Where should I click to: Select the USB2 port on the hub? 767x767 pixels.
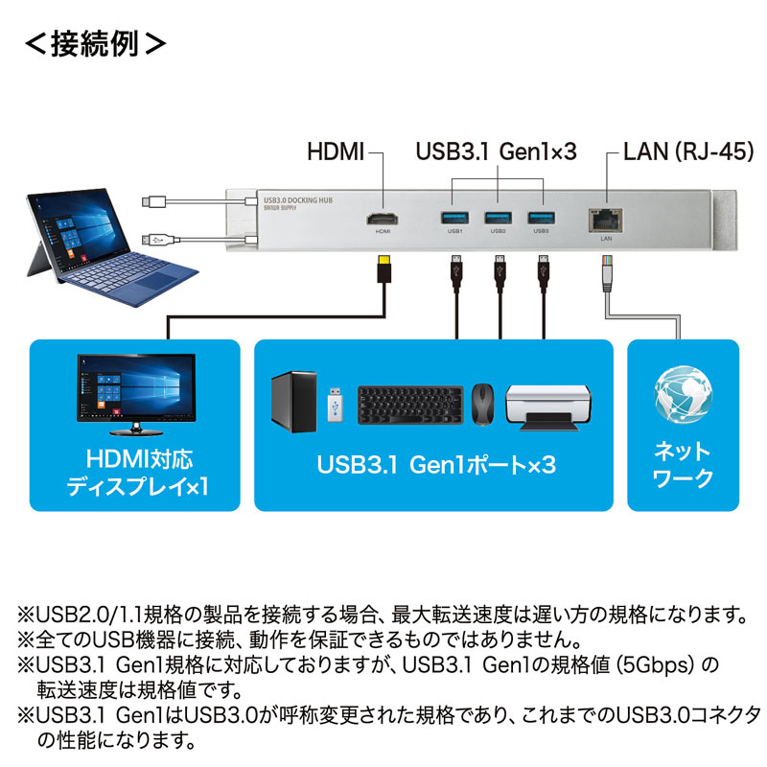pos(498,216)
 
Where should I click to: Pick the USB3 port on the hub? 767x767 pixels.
pos(541,216)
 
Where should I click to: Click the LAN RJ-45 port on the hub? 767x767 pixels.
pos(606,218)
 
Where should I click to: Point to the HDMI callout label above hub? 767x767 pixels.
pos(336,151)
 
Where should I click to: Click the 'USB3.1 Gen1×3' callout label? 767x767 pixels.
pos(496,151)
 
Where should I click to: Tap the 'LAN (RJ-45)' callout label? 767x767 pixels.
pos(687,151)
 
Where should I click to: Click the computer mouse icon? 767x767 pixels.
pos(483,404)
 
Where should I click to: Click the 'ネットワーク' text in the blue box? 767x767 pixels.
pos(683,465)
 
